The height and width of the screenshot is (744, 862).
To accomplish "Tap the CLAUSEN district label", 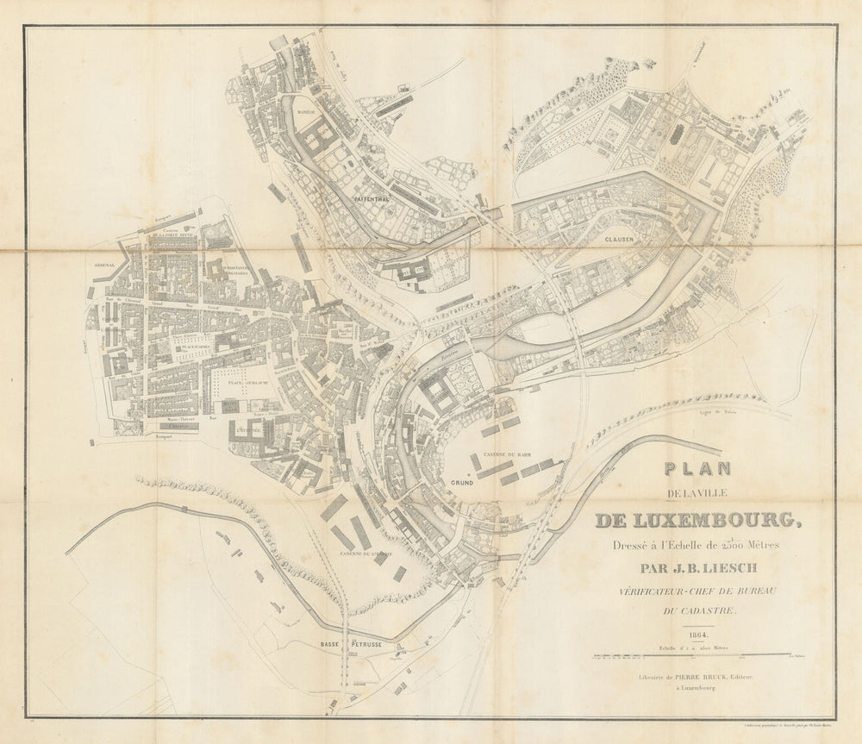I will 619,239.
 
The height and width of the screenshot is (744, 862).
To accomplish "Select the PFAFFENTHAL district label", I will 372,197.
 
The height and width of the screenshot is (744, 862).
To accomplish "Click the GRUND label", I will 462,484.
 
